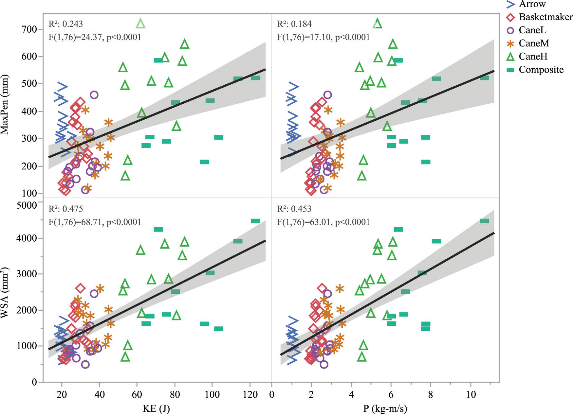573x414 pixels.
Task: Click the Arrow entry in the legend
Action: pyautogui.click(x=532, y=4)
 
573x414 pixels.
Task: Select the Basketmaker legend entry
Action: pyautogui.click(x=545, y=17)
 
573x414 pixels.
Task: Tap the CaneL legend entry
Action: pyautogui.click(x=532, y=30)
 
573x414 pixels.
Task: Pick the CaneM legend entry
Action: pyautogui.click(x=534, y=43)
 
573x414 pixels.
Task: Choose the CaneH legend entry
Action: pyautogui.click(x=533, y=56)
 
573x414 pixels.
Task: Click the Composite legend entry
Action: pyautogui.click(x=541, y=70)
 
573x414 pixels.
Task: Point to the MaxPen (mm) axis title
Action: pyautogui.click(x=5, y=105)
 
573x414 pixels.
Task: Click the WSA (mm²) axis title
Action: pyautogui.click(x=5, y=293)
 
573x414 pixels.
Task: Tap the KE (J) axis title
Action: pyautogui.click(x=156, y=408)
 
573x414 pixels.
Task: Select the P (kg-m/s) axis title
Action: pyautogui.click(x=385, y=408)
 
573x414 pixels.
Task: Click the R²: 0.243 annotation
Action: pyautogui.click(x=65, y=24)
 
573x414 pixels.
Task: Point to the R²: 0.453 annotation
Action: pyautogui.click(x=294, y=209)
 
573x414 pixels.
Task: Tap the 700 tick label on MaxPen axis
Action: pyautogui.click(x=29, y=29)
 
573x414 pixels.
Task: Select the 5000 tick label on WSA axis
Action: pyautogui.click(x=27, y=205)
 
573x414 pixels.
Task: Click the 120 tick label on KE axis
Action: pyautogui.click(x=250, y=395)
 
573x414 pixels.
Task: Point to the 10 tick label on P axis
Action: pyautogui.click(x=471, y=395)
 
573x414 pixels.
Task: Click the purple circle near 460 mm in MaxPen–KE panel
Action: pyautogui.click(x=94, y=95)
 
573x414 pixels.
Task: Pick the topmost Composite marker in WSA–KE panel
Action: pyautogui.click(x=255, y=221)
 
